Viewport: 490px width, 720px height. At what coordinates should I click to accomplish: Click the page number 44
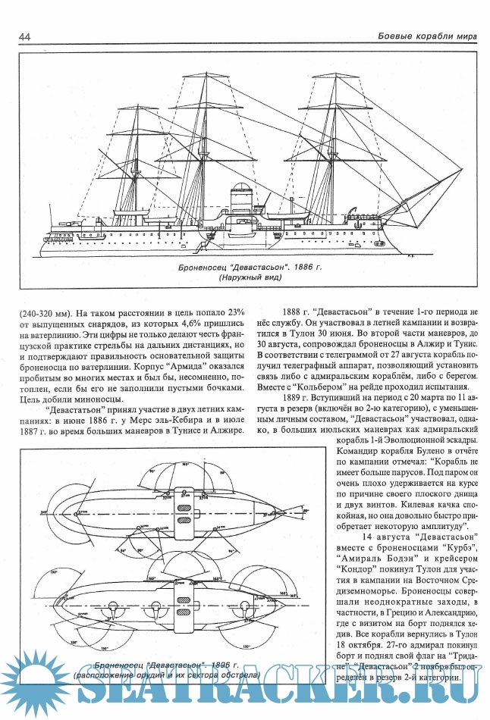[24, 37]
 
